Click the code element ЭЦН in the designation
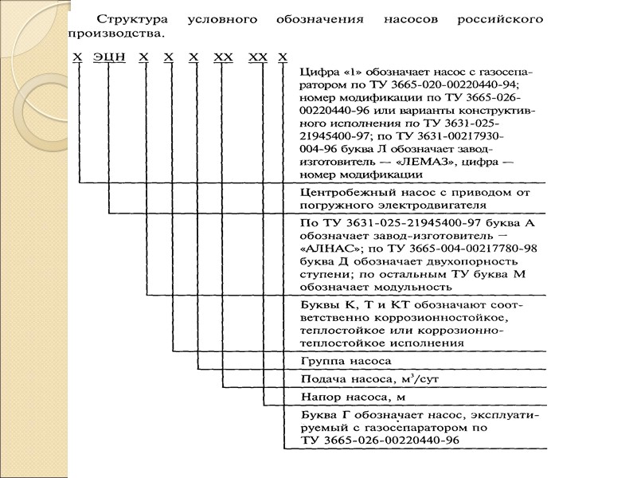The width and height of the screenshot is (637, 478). point(107,58)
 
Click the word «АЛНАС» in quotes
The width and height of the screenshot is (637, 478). point(330,248)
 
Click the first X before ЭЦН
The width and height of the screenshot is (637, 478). point(77,58)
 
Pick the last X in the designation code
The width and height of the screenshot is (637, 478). point(283,58)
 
